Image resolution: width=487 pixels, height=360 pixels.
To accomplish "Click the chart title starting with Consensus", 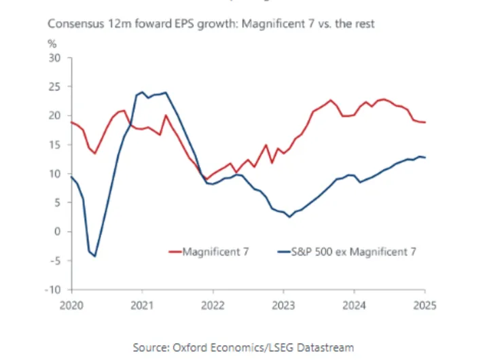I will click(211, 24).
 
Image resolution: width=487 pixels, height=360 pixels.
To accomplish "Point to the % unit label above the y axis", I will click(52, 44).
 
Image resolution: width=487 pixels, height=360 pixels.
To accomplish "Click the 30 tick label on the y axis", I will click(56, 58).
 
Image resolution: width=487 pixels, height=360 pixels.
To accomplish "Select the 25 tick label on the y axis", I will click(56, 87).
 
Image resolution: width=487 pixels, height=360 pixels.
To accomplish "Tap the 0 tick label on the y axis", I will click(58, 232).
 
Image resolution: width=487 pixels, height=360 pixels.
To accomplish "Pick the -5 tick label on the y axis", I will click(56, 261).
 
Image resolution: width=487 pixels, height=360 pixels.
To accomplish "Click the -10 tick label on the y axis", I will click(54, 290).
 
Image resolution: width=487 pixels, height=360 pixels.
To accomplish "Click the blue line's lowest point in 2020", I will click(95, 256).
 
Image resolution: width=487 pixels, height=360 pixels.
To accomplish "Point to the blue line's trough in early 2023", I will click(289, 217).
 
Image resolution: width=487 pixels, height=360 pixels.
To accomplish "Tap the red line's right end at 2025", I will click(425, 122).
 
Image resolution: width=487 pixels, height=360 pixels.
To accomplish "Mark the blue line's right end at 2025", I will click(425, 158).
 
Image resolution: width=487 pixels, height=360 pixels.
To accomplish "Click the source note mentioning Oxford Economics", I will click(243, 347).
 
